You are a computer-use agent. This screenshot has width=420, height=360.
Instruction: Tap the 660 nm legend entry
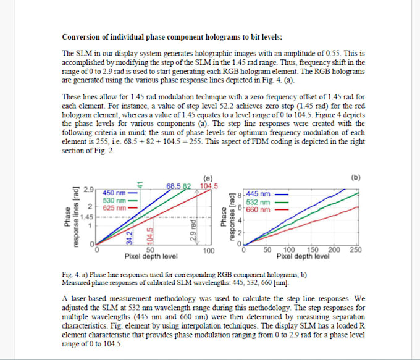tap(258, 209)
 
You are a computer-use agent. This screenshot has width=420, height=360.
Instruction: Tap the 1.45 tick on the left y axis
tap(87, 217)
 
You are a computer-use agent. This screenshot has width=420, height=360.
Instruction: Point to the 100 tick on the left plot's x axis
tap(209, 250)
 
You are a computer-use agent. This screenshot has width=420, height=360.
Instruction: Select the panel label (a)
tap(209, 178)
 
